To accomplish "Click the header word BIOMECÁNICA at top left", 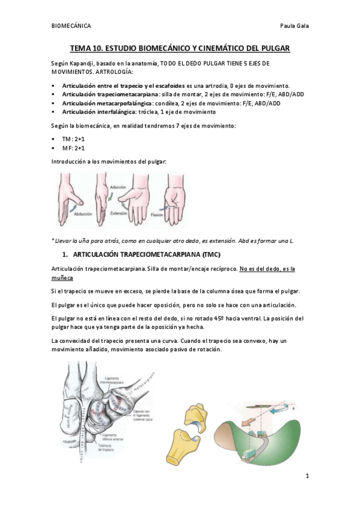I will tap(71, 26).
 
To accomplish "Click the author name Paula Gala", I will tap(294, 26).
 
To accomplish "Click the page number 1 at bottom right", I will tap(307, 476).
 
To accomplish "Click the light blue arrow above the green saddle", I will tap(282, 396).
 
